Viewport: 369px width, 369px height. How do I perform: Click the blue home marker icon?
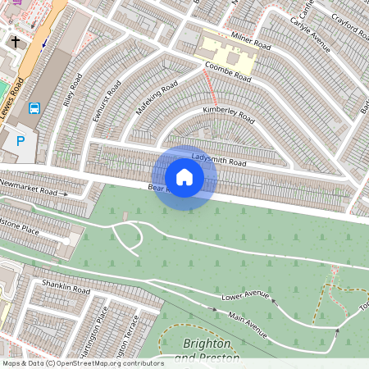pyautogui.click(x=184, y=177)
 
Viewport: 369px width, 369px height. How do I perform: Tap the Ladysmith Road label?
pyautogui.click(x=219, y=156)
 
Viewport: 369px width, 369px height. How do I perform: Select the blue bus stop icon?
pyautogui.click(x=34, y=108)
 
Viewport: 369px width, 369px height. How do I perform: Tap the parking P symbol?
pyautogui.click(x=21, y=142)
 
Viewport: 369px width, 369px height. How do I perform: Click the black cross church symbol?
pyautogui.click(x=15, y=40)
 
